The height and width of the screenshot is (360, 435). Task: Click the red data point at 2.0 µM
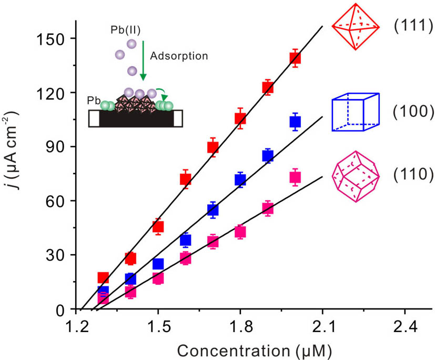[x=295, y=58]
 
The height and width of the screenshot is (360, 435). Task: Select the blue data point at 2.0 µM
[x=295, y=122]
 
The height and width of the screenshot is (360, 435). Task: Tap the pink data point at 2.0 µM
[x=295, y=177]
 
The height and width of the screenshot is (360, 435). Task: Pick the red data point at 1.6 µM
[x=185, y=179]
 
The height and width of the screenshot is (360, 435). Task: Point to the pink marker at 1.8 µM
[x=240, y=232]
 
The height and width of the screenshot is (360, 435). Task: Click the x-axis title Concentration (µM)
[x=254, y=348]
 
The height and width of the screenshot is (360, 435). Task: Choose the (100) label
[x=413, y=112]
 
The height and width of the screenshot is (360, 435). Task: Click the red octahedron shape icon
[x=356, y=26]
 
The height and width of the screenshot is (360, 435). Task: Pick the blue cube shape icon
[x=355, y=112]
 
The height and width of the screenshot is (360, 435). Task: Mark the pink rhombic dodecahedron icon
[x=355, y=176]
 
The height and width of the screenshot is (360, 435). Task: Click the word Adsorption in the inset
[x=178, y=55]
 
